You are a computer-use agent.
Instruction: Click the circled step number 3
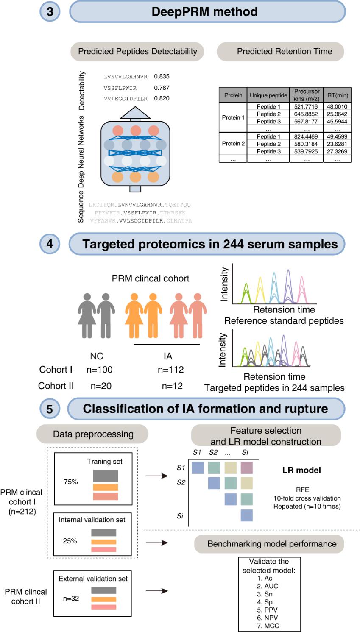click(x=50, y=11)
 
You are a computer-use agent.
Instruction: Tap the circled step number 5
click(x=50, y=409)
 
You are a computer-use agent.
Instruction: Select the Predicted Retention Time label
click(x=284, y=52)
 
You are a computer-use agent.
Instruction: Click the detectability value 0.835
click(x=162, y=77)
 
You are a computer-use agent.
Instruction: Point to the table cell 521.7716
click(x=306, y=107)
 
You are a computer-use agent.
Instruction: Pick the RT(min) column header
click(x=338, y=95)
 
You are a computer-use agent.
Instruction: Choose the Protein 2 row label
click(x=233, y=144)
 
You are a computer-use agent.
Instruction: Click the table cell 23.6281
click(x=338, y=144)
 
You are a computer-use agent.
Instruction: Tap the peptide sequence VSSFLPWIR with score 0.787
click(x=120, y=88)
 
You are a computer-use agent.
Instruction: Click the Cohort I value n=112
click(x=170, y=370)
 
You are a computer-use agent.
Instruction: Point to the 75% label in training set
click(x=71, y=482)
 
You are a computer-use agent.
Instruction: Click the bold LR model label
click(x=301, y=470)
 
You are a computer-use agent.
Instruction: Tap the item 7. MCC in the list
click(x=268, y=626)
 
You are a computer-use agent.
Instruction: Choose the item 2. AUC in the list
click(x=268, y=586)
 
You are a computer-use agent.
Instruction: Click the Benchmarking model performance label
click(x=272, y=544)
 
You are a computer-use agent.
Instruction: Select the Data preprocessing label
click(x=93, y=434)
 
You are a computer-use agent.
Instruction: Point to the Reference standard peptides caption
click(x=284, y=321)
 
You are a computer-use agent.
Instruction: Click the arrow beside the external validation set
click(x=157, y=591)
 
